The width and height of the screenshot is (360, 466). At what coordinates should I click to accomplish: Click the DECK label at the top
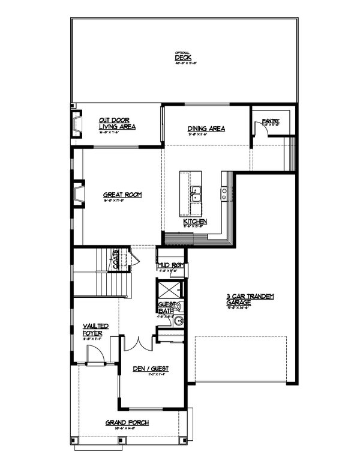pyautogui.click(x=183, y=58)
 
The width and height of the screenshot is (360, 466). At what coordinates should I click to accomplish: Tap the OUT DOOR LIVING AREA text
pyautogui.click(x=117, y=124)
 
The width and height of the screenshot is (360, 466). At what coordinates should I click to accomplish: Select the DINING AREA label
pyautogui.click(x=206, y=129)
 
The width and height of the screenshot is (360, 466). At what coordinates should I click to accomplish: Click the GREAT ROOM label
pyautogui.click(x=122, y=195)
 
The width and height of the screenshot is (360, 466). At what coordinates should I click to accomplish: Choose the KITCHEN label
pyautogui.click(x=195, y=222)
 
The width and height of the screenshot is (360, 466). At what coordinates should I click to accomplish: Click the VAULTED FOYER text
pyautogui.click(x=95, y=329)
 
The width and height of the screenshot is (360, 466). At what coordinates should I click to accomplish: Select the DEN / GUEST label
pyautogui.click(x=151, y=368)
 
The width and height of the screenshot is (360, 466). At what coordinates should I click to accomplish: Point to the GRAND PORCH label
pyautogui.click(x=127, y=423)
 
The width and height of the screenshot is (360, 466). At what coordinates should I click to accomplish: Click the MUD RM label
pyautogui.click(x=169, y=265)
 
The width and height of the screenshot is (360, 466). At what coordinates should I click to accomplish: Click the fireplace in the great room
pyautogui.click(x=78, y=194)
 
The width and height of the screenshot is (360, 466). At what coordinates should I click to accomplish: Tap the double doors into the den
pyautogui.click(x=138, y=345)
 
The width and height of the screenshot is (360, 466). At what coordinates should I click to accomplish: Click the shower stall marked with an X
pyautogui.click(x=165, y=289)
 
